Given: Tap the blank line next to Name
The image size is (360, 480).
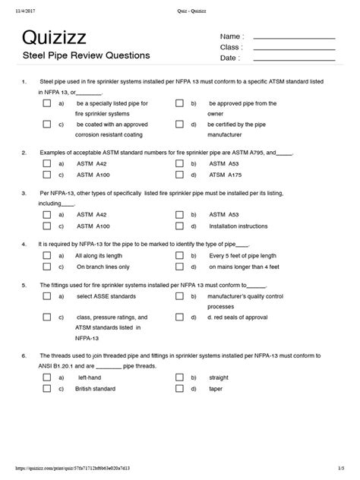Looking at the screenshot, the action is click(x=293, y=37).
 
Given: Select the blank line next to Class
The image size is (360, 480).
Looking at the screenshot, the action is click(x=293, y=48).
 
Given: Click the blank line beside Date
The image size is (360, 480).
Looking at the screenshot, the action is click(x=293, y=58).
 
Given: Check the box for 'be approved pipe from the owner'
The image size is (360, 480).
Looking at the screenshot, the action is click(x=179, y=103).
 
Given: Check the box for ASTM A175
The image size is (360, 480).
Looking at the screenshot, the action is click(x=179, y=173).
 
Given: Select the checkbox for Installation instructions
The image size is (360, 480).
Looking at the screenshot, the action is click(x=179, y=226).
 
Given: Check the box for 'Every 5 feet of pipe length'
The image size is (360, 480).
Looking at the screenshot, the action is click(x=179, y=257).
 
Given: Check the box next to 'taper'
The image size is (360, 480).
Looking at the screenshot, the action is click(x=179, y=388).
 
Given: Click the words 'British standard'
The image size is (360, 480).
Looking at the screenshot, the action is click(x=96, y=388).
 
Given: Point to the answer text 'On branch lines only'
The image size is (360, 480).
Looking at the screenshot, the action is click(x=103, y=267).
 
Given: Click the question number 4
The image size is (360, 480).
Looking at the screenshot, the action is click(x=24, y=245).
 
